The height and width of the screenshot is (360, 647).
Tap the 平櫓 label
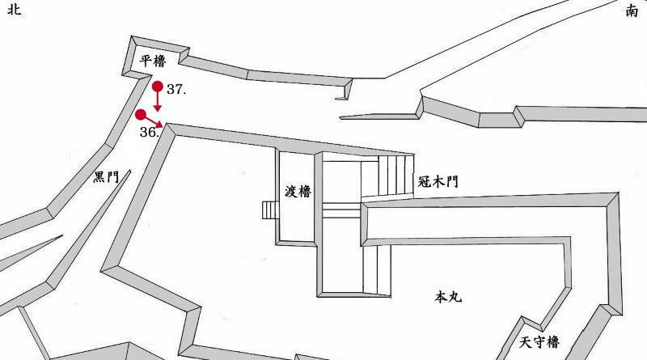[x=153, y=61]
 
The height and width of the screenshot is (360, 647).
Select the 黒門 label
[x=106, y=177]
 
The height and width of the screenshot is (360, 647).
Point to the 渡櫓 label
[x=298, y=192]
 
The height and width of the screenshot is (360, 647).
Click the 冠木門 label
[x=438, y=182]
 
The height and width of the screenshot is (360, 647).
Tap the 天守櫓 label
[x=539, y=343]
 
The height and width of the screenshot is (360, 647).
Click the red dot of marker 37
[x=158, y=87]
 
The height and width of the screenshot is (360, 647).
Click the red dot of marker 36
[x=142, y=114]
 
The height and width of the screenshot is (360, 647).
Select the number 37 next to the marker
[x=176, y=91]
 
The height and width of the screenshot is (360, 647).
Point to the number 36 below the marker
[x=148, y=132]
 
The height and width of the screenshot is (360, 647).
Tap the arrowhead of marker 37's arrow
[x=158, y=108]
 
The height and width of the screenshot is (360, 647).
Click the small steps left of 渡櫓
[x=269, y=210]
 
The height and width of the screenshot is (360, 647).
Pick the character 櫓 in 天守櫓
[x=552, y=343]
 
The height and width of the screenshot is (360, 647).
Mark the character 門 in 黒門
[x=113, y=177]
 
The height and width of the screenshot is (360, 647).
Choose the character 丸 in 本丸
[x=455, y=298]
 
